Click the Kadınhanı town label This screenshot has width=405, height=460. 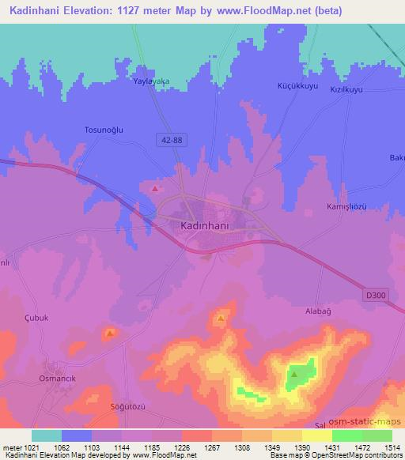[202, 225]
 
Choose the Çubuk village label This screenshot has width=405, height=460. [36, 318]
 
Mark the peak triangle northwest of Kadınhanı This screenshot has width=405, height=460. [156, 190]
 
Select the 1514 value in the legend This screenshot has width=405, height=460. [391, 448]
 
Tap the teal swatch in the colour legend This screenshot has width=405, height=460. [46, 435]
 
